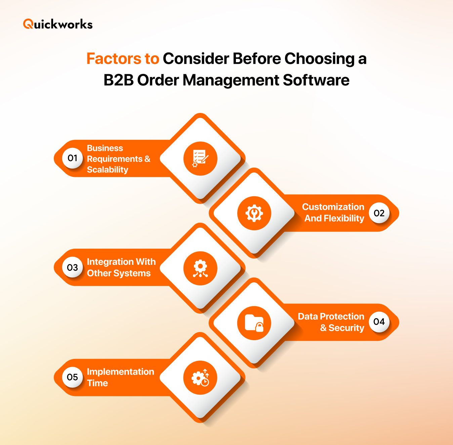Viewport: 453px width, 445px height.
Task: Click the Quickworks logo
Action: (58, 24)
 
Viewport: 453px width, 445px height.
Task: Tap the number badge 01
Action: (73, 158)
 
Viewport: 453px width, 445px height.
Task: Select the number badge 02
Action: (379, 213)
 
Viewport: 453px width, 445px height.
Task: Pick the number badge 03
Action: (73, 268)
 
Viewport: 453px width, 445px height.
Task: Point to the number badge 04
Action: (379, 322)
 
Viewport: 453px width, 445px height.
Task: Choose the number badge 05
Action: (73, 377)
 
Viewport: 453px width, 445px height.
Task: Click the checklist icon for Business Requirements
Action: (200, 158)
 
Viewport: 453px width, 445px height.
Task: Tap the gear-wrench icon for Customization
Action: (254, 213)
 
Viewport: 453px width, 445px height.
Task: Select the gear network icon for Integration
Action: (200, 268)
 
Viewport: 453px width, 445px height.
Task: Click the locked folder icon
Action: (254, 323)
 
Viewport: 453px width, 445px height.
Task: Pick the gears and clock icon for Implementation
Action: (200, 378)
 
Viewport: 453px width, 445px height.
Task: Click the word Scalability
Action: (108, 170)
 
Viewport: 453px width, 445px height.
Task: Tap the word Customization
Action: (333, 207)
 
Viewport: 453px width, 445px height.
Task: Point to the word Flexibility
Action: (344, 218)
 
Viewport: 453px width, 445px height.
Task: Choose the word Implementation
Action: (120, 372)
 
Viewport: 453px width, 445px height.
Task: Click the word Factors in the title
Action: (114, 59)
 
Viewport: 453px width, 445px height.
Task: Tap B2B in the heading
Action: (118, 80)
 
